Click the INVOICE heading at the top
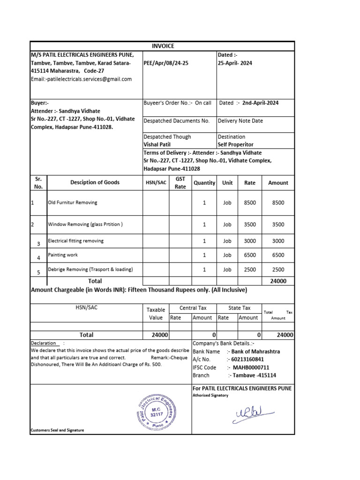coord(163,46)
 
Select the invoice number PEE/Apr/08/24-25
coord(166,63)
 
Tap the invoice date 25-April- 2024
coord(235,63)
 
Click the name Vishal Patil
coord(157,145)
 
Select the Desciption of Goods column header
coord(95,182)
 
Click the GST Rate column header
coord(180,183)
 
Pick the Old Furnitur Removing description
coord(73,202)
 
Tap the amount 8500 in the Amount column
coord(278,202)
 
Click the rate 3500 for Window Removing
coord(250,225)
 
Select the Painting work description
coord(63,255)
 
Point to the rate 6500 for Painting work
coord(250,255)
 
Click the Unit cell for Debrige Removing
coord(227,270)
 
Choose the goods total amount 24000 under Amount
coord(278,281)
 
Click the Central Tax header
coord(193,308)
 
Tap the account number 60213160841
coord(247,360)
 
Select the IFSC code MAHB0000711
coord(249,367)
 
